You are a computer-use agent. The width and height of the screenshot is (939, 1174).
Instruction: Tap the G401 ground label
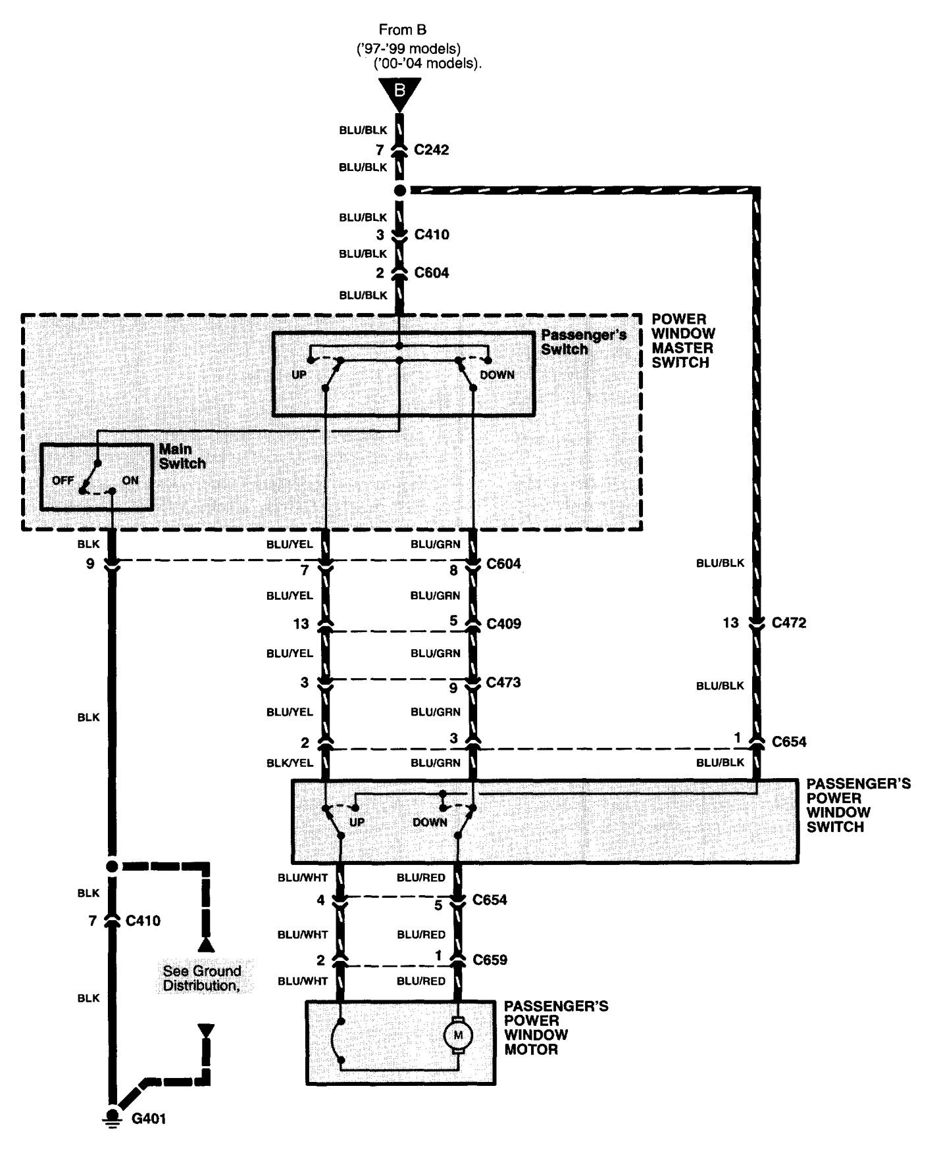[149, 1118]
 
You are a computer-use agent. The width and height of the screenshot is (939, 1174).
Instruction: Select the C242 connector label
[432, 150]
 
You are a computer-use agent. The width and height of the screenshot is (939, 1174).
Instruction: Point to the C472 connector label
[789, 622]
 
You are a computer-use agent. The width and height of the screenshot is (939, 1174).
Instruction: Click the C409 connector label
[504, 624]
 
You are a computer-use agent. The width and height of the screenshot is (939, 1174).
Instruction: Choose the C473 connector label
[503, 683]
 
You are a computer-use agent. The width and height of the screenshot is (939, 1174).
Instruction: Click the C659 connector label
[490, 960]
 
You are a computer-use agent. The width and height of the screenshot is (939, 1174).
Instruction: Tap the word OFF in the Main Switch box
[63, 481]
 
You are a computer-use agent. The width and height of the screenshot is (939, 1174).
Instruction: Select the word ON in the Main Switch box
[130, 481]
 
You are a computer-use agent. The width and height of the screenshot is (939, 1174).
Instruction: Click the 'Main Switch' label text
[182, 456]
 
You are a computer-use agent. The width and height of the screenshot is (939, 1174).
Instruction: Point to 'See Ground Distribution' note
[202, 978]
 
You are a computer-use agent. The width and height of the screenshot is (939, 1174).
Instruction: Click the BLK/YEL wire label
[290, 762]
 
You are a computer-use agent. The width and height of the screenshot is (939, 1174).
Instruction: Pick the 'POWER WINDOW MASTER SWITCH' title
[683, 341]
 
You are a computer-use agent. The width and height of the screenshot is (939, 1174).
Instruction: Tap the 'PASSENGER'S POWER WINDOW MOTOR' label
[556, 1028]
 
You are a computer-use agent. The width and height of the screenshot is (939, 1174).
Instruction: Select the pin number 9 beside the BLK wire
[89, 564]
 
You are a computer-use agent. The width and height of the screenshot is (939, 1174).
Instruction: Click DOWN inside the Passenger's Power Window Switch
[430, 822]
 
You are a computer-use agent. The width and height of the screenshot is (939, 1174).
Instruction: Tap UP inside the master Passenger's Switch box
[299, 375]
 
